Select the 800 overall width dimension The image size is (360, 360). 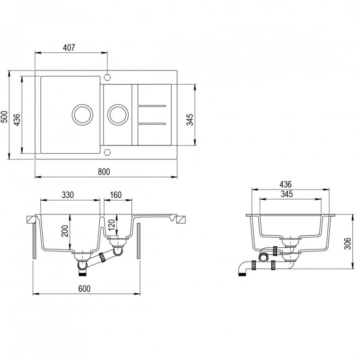coord(105,171)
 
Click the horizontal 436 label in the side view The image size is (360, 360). coord(287,184)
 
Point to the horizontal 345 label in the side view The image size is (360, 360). coord(287,194)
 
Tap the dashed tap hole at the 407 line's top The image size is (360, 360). coord(108,76)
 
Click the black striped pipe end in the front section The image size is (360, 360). coord(83,273)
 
